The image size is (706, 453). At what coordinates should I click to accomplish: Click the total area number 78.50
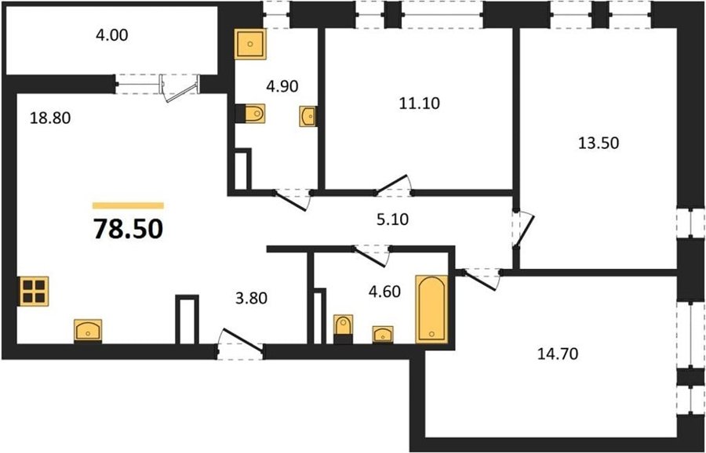point(128,229)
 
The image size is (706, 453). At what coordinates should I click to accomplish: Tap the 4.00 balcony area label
point(111,35)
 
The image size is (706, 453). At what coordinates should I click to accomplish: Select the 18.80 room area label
point(50,118)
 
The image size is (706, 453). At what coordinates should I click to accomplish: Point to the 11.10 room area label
point(419,104)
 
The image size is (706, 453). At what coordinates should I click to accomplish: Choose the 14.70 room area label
point(558,354)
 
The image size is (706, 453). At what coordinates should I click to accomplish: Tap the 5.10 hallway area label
point(392,220)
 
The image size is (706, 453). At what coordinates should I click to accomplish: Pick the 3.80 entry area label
point(252,298)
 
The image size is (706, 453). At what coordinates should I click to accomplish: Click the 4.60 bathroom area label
point(384,292)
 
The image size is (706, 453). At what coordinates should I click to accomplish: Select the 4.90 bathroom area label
point(282,86)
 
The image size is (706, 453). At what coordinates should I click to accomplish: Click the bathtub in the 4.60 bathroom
point(431,309)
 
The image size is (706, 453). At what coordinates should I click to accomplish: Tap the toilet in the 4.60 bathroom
point(343,329)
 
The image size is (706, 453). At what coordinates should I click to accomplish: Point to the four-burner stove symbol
point(34,291)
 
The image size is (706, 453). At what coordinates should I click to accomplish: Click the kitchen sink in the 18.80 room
point(88,331)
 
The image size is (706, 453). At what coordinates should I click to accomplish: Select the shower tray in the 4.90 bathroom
point(250,44)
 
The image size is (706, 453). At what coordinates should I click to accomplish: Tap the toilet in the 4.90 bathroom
point(250,114)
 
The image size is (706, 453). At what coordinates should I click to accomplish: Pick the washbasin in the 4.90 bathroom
point(308,117)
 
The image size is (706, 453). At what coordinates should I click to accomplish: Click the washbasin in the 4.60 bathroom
point(383,334)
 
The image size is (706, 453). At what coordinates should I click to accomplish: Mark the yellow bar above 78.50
point(128,205)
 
